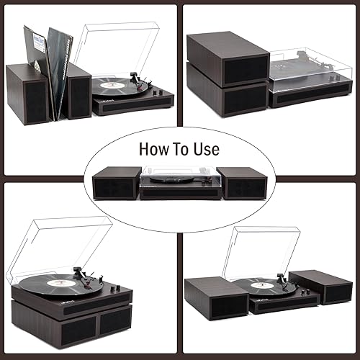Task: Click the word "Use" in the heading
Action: (x=205, y=150)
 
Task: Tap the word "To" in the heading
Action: (x=180, y=150)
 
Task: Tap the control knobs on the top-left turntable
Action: (x=153, y=94)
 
